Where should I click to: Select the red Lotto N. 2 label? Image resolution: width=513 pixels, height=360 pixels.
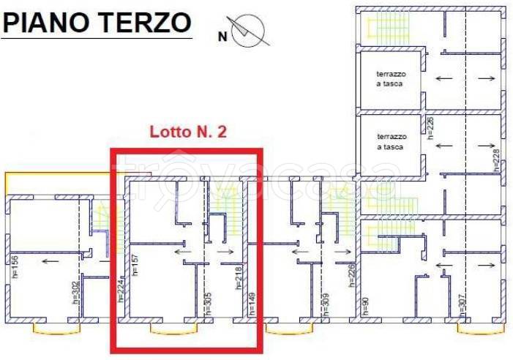click(188, 132)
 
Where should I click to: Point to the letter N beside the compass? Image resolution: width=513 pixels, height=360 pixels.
click(222, 34)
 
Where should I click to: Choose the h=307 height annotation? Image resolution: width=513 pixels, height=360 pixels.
click(462, 302)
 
